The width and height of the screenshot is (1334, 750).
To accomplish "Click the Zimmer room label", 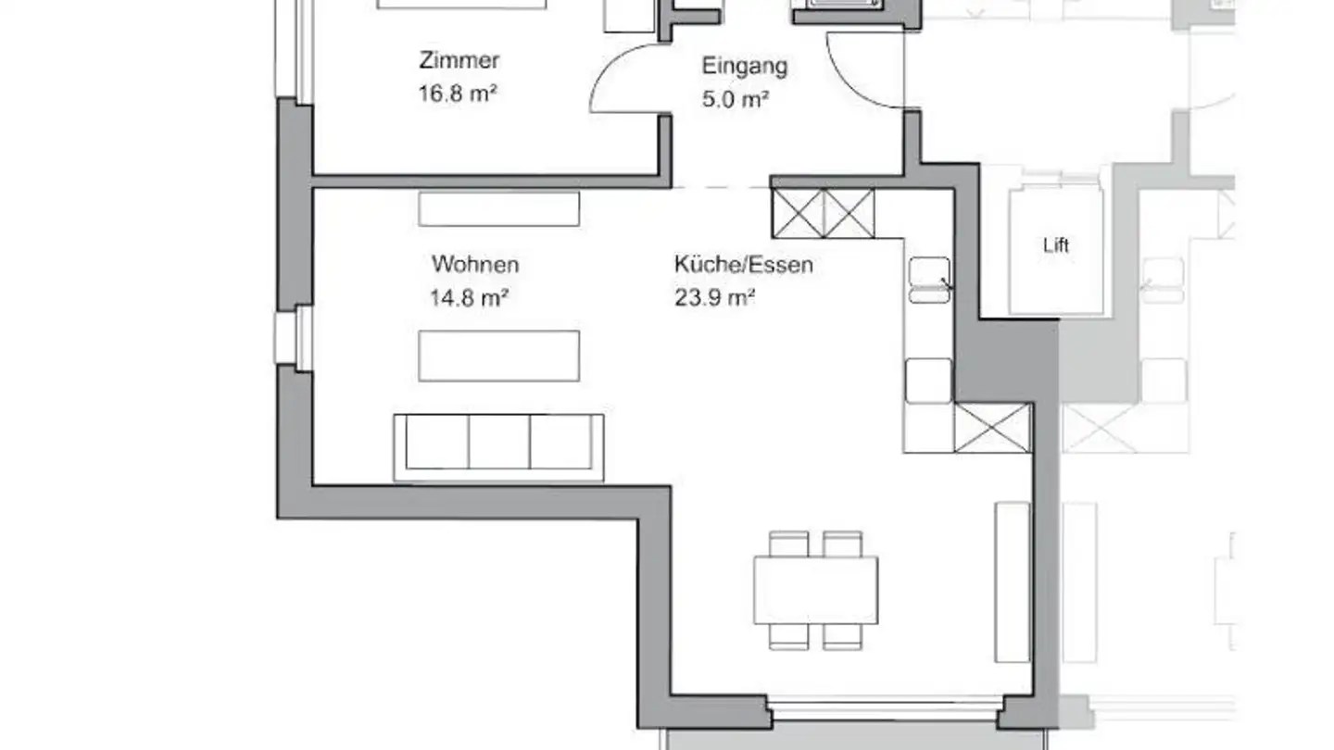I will coord(459,61).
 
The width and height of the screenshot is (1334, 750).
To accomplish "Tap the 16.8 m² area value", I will coord(459,93).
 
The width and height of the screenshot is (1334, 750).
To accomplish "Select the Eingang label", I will coord(744,67).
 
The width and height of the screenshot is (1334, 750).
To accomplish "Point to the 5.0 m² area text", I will coord(736,98).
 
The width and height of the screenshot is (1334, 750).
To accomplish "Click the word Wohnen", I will coord(474,265).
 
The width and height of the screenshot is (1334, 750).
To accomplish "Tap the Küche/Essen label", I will coord(743,265).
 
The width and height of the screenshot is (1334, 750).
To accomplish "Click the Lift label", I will coord(1056,245).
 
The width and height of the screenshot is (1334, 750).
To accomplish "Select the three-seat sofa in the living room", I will coord(498,447).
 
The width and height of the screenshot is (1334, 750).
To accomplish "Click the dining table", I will coord(815,590).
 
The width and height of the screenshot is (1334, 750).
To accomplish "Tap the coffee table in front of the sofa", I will coord(498,356).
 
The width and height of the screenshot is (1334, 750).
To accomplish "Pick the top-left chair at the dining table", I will coord(788,544).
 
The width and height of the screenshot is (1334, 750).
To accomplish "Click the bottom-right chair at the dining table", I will coord(842,635).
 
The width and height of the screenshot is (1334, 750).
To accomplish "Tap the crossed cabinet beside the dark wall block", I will coord(992,428).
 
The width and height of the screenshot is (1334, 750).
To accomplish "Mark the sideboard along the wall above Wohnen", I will coord(498,208).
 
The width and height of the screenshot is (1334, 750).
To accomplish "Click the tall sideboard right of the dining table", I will coord(1012,581).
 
